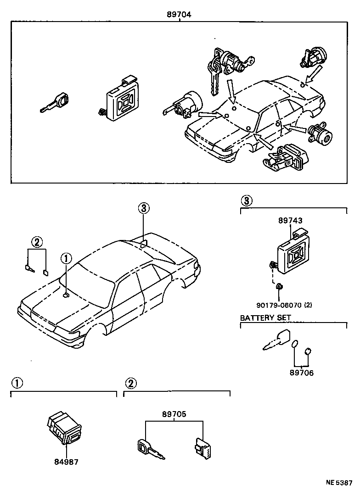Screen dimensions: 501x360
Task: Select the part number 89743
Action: tap(290, 221)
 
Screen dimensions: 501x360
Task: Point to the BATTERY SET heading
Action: tap(265, 317)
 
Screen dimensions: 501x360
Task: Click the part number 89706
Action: tap(301, 373)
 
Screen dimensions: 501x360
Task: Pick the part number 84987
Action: tap(66, 462)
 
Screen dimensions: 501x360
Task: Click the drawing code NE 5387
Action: tap(339, 495)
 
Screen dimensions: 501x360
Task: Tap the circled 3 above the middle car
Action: tap(143, 208)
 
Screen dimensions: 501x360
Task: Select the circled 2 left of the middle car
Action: tap(37, 242)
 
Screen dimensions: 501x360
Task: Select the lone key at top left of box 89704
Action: tap(56, 103)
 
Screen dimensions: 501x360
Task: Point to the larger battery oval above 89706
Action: tap(295, 344)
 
